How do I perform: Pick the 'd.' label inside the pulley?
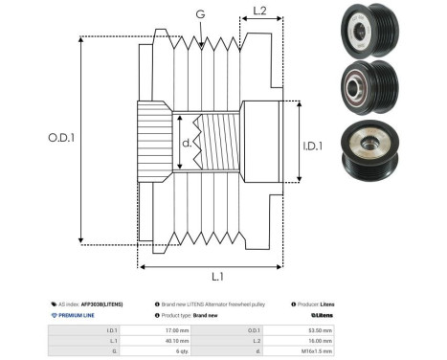click(188, 144)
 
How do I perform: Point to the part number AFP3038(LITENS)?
click(100, 303)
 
